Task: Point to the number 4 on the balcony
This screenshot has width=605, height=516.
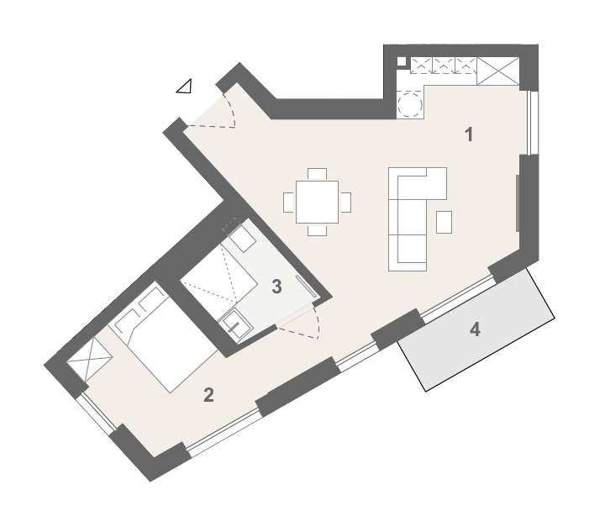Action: click(475, 329)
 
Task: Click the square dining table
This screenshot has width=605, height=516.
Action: click(318, 203)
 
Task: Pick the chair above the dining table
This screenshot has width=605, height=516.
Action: click(318, 174)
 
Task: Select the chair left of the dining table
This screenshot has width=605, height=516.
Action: click(289, 203)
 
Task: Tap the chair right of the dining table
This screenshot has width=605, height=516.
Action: click(345, 203)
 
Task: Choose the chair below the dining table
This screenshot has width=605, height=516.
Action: click(318, 230)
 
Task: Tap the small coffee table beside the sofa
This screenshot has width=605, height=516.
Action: click(445, 222)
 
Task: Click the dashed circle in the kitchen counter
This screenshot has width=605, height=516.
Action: click(410, 104)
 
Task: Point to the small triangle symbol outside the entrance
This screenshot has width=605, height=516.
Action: click(184, 85)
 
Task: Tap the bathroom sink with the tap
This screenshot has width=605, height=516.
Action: click(234, 324)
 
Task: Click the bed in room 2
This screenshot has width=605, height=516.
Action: click(168, 340)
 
